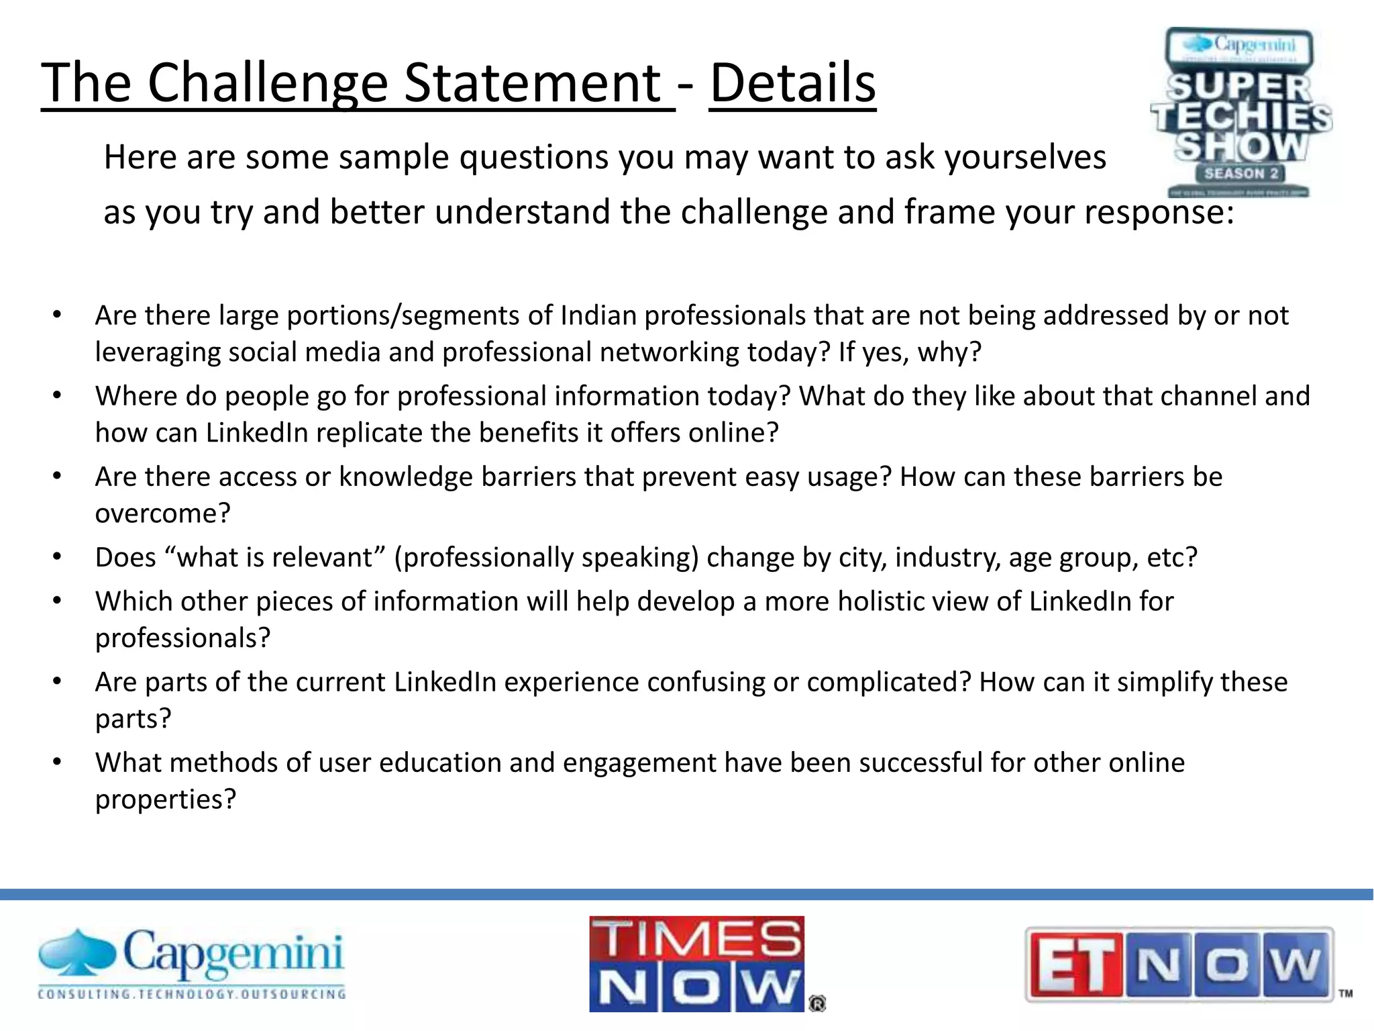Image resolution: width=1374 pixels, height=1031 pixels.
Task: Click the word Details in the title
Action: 792,83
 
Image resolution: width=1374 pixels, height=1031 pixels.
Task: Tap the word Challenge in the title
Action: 268,83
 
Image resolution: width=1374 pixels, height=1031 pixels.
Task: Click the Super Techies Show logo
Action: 1241,113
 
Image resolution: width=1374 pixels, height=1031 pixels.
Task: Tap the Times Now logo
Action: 698,963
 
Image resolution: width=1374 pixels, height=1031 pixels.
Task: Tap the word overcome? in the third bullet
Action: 163,513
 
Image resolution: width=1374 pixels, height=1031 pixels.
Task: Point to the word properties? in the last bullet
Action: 166,799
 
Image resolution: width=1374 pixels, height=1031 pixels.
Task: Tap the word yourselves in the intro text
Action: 1025,158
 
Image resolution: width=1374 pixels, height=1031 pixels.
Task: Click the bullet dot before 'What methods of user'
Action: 58,763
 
